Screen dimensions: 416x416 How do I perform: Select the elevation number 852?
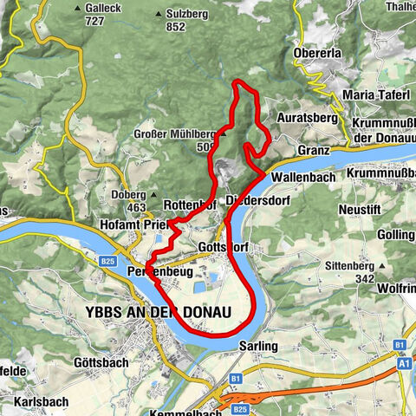(176, 27)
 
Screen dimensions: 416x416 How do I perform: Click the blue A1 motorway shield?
(404, 365)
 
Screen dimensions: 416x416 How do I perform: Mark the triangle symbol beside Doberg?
(153, 195)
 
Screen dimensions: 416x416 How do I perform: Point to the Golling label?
(398, 236)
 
